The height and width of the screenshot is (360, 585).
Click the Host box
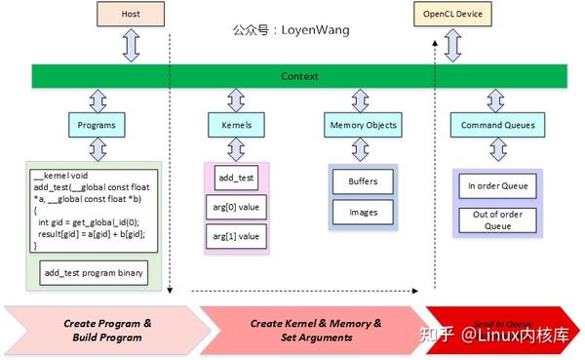(131, 16)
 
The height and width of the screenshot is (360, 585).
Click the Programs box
(97, 125)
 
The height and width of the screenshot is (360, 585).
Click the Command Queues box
(498, 125)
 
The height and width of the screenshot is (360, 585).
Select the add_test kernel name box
(236, 180)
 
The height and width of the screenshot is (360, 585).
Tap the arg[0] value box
(235, 208)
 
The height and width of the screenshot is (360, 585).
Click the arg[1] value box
(235, 236)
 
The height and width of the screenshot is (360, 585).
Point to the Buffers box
(363, 181)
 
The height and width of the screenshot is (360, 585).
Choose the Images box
(363, 211)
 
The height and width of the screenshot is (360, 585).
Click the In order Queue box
(498, 184)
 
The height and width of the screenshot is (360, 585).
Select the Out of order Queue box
(498, 219)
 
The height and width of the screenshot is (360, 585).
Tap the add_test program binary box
(94, 273)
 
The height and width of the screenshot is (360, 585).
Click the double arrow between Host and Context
(131, 46)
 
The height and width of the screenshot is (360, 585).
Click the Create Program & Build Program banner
(107, 330)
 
